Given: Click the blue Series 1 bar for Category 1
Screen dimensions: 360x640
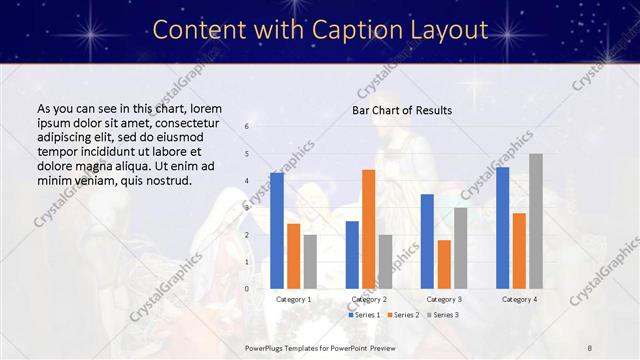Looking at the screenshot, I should click(276, 230).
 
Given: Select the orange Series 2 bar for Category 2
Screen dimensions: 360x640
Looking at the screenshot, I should click(368, 229).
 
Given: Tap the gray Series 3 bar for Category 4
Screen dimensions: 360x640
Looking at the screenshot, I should click(535, 221).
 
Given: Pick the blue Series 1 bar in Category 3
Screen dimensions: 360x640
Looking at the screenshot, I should click(427, 241).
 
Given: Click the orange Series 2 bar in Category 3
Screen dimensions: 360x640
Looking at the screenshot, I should click(444, 264).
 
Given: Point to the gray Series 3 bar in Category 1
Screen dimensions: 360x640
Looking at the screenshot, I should click(310, 261).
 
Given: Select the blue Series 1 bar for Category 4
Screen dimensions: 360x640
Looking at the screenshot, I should click(502, 227).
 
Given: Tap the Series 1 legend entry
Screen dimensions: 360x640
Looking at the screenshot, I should click(365, 315).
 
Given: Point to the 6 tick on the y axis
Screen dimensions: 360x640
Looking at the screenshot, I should click(247, 127).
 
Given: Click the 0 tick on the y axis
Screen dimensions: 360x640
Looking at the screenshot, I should click(247, 288).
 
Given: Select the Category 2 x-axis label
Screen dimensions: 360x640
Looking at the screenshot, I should click(369, 299).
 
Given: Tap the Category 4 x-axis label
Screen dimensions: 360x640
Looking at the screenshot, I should click(519, 299).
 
